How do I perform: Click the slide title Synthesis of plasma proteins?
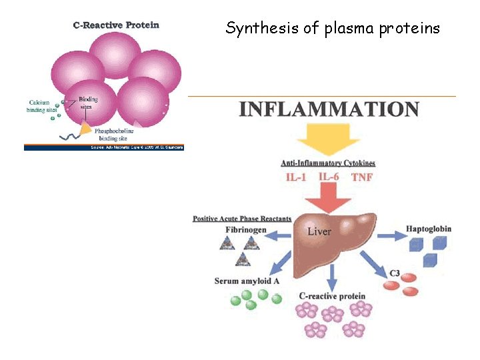tap(333, 28)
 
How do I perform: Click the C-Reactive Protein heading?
tap(116, 25)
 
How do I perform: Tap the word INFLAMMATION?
tap(329, 109)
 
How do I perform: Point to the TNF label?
tap(362, 177)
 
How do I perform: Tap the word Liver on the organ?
tap(319, 231)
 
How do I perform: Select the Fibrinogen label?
tap(245, 230)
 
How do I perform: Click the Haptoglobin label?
tap(429, 229)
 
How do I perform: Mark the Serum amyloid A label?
tap(247, 281)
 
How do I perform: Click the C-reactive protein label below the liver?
tap(333, 296)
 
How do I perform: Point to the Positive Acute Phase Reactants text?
tap(242, 219)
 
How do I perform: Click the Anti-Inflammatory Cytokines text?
tap(328, 163)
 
